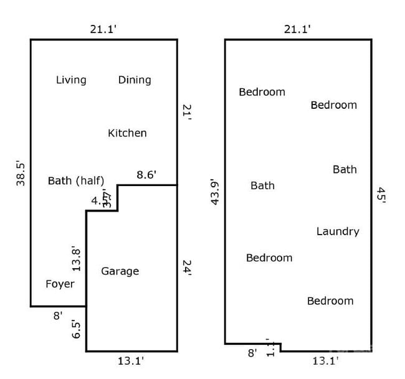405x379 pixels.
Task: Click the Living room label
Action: [71, 80]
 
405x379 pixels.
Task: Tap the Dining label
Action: [135, 80]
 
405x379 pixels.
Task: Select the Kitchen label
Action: [127, 133]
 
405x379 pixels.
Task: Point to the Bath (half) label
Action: [76, 181]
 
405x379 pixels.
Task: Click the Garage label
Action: [120, 271]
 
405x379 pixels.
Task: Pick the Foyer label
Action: [60, 284]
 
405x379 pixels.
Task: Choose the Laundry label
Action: [338, 232]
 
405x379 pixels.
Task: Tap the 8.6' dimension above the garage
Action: [146, 175]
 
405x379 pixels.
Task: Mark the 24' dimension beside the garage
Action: [186, 268]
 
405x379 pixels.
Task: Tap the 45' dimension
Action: [381, 195]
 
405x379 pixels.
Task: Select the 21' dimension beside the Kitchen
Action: [186, 112]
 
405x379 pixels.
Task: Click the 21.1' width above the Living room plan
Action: [103, 28]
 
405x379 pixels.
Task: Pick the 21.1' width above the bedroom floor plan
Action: [297, 28]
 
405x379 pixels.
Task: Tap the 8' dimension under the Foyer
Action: [57, 316]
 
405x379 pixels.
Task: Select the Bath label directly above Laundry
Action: [345, 169]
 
